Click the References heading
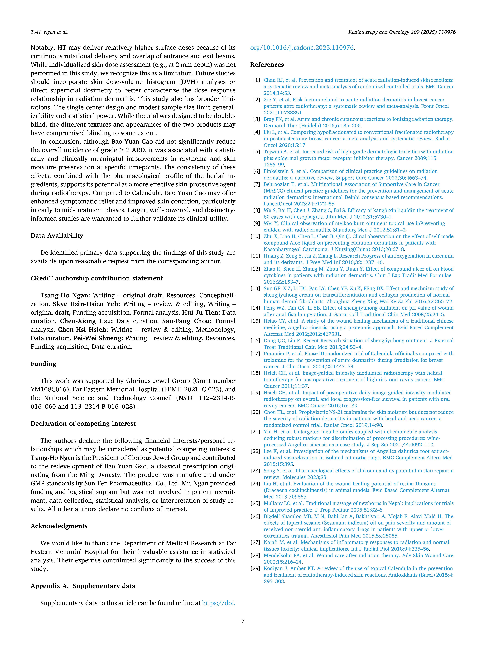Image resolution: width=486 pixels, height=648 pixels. coord(267,65)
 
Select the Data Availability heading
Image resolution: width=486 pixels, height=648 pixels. coord(57,235)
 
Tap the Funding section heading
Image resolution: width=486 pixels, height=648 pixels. coord(43,364)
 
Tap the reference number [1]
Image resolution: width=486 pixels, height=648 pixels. coord(257,80)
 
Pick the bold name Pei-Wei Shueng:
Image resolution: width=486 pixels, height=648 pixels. coord(98,338)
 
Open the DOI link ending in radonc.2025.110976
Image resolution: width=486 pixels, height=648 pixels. coord(302,47)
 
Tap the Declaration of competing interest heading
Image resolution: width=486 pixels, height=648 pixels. coord(83,424)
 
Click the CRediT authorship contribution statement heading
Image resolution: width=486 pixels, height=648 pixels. coord(97,278)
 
